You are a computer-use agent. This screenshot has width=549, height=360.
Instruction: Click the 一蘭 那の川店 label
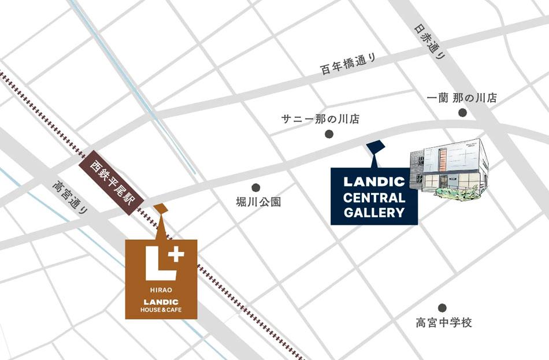[x=462, y=98]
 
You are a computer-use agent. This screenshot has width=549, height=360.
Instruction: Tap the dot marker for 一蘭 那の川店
[x=462, y=112]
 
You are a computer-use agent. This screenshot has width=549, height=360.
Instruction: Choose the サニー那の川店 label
[x=320, y=120]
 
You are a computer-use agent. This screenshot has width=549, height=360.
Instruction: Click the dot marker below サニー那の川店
[x=329, y=134]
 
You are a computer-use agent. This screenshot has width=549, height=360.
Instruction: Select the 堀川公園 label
[x=258, y=202]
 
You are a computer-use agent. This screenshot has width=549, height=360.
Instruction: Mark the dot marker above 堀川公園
[x=256, y=188]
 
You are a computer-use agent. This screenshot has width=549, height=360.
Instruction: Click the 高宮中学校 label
[x=444, y=322]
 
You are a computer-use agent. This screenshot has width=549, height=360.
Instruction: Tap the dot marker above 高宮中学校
[x=442, y=308]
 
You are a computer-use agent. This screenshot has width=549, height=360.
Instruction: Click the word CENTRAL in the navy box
[x=374, y=197]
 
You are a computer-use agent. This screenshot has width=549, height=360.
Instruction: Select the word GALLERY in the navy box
[x=374, y=213]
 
